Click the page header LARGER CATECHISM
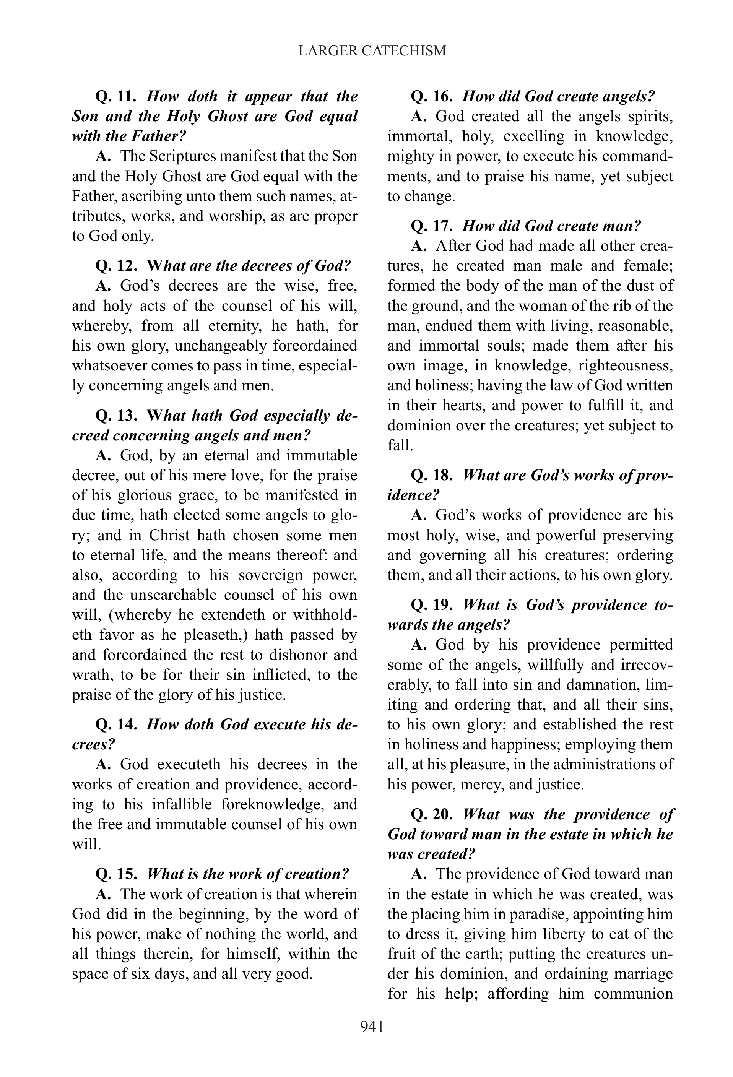(x=372, y=50)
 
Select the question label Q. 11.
(x=115, y=96)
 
